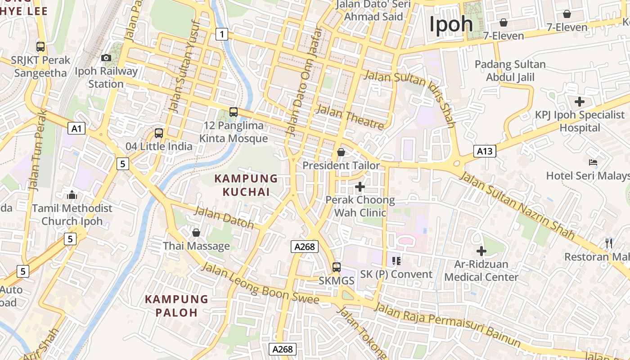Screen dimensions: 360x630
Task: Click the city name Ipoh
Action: tap(451, 24)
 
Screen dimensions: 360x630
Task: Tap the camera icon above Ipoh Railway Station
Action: tap(106, 58)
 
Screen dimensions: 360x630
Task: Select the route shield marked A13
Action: tap(485, 151)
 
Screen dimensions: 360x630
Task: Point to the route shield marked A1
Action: tap(76, 129)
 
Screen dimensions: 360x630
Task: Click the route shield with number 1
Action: tap(221, 34)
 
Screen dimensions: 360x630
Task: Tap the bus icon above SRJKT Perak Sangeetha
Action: tap(40, 46)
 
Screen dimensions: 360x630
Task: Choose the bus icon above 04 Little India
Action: tap(159, 133)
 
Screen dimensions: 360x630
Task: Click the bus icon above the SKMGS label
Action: tap(337, 267)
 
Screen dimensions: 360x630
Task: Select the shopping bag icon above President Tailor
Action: tap(341, 152)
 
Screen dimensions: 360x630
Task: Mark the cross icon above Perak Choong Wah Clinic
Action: tap(360, 186)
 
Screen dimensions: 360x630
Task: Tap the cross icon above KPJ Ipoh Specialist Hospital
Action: tap(580, 102)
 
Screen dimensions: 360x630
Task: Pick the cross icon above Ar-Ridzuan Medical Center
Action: tap(481, 251)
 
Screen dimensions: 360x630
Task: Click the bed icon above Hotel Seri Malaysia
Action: tap(593, 162)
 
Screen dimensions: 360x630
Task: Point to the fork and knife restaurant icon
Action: tap(609, 243)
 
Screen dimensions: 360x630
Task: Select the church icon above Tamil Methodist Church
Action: tap(72, 195)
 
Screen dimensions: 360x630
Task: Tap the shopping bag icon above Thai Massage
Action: tap(196, 233)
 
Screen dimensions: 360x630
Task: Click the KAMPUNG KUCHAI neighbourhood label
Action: tap(246, 185)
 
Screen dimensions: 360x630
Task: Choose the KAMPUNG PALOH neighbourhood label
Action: tap(177, 306)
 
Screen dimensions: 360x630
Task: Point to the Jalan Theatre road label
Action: tap(351, 117)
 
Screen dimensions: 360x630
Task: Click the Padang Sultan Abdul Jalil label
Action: tap(510, 71)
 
